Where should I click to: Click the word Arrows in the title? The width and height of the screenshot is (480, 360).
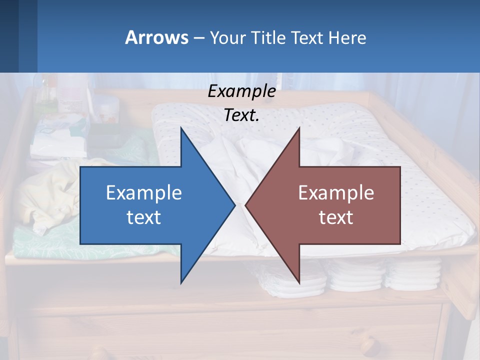[156, 37]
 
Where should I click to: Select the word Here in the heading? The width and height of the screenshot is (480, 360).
[347, 37]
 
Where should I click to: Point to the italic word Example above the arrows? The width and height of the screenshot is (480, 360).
[241, 91]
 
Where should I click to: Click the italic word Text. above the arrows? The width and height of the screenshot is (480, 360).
[241, 115]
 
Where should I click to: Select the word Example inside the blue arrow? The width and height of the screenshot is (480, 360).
[144, 192]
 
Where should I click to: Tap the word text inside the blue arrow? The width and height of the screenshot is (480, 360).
[144, 217]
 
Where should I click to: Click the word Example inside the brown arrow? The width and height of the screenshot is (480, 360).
[336, 192]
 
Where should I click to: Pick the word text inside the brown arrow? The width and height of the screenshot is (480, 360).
[336, 217]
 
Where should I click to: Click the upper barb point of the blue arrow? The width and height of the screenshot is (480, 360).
[181, 129]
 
